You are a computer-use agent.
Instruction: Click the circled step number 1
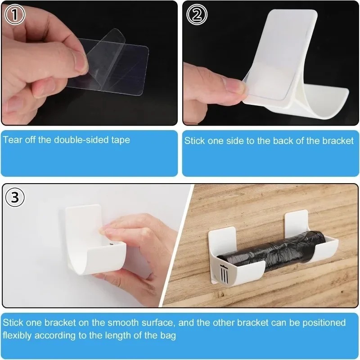point(15,15)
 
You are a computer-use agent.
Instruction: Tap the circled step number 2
point(197,15)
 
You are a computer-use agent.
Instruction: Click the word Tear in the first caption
point(12,140)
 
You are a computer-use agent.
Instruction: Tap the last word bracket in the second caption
point(338,141)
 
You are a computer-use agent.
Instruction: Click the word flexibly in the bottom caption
point(21,335)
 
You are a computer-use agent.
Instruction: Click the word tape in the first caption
point(121,140)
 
